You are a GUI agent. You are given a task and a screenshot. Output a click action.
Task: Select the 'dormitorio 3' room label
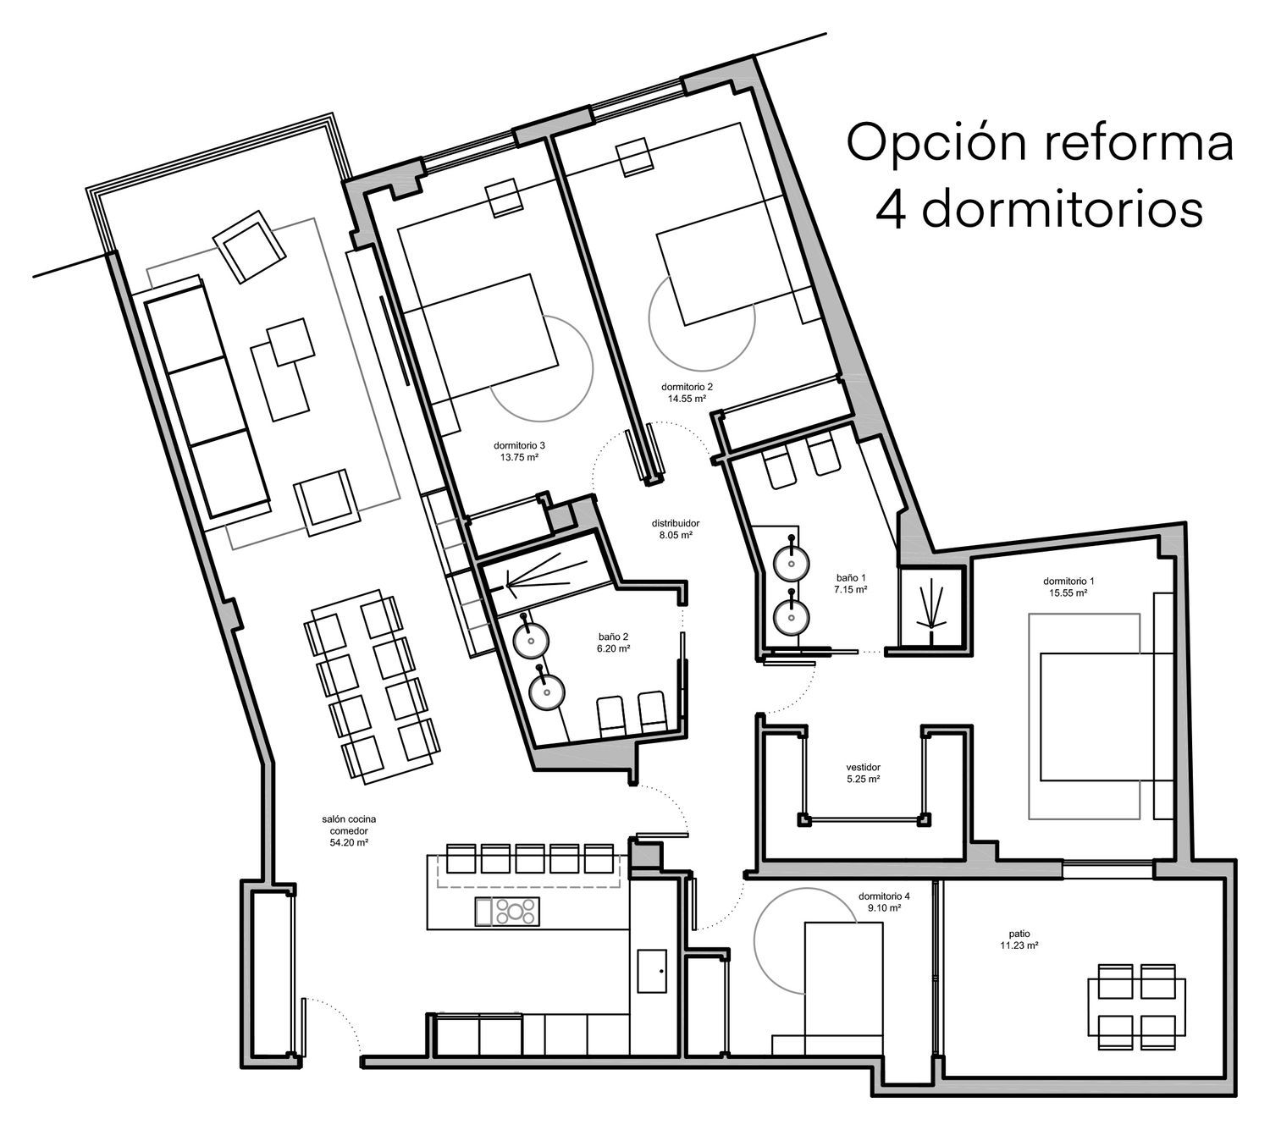click(x=519, y=445)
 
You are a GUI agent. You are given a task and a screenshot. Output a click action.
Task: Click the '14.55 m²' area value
click(x=687, y=399)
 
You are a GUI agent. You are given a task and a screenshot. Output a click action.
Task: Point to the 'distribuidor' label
click(x=675, y=523)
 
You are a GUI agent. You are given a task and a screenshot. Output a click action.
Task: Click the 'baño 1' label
click(x=851, y=577)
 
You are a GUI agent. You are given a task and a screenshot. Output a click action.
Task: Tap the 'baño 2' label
click(x=613, y=637)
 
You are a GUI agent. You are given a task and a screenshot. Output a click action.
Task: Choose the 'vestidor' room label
click(x=863, y=767)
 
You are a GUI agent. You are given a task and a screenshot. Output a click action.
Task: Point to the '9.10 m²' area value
click(x=885, y=908)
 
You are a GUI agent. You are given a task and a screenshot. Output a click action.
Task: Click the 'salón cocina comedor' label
click(x=349, y=824)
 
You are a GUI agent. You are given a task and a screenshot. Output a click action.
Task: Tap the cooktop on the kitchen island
click(x=516, y=912)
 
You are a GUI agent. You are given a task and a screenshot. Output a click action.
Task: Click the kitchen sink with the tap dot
click(x=652, y=971)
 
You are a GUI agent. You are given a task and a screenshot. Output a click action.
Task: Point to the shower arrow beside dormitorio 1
click(x=932, y=604)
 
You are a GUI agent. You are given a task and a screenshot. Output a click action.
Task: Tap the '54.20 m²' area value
click(x=349, y=843)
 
